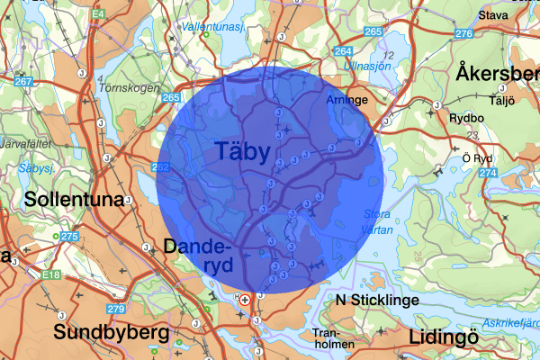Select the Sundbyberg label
point(111,333)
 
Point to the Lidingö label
point(447,337)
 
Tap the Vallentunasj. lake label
point(214,27)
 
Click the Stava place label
point(494,15)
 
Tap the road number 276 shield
point(464,33)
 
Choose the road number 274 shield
point(489,172)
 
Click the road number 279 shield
point(114,310)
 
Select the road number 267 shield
point(22,82)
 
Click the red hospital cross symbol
point(245,299)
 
